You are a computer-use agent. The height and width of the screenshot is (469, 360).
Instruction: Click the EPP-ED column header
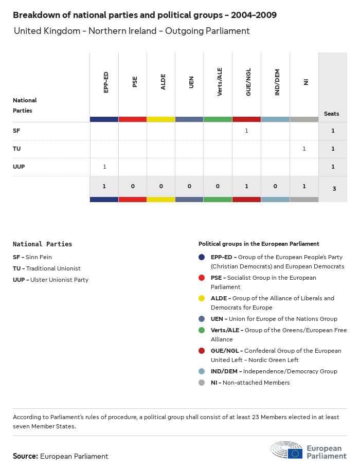click(106, 82)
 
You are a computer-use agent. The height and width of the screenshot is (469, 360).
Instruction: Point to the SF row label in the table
click(16, 131)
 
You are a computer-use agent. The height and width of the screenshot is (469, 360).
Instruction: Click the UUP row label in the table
click(19, 167)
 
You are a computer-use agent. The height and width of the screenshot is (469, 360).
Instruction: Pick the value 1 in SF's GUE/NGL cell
click(246, 131)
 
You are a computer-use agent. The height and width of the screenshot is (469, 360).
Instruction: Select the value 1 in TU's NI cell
click(304, 149)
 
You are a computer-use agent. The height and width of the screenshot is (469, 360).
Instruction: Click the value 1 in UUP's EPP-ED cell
click(104, 167)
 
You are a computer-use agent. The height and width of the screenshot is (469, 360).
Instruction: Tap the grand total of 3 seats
click(334, 189)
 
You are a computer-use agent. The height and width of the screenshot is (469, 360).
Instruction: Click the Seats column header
click(332, 114)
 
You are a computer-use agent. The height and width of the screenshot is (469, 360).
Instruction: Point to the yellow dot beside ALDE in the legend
click(202, 298)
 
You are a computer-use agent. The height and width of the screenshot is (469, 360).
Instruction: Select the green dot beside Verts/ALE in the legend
click(202, 330)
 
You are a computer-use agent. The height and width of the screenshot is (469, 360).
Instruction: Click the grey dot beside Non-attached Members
click(202, 383)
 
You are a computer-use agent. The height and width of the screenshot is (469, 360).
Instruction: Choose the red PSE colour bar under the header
click(133, 119)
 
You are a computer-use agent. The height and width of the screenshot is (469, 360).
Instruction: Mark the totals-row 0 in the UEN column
click(189, 186)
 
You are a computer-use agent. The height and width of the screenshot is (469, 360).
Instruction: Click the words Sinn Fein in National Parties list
click(39, 257)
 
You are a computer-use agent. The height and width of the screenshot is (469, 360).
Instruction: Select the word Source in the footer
click(25, 456)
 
